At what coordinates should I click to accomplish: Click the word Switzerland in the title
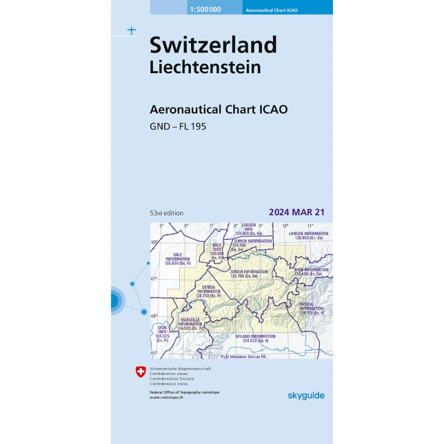[213, 45]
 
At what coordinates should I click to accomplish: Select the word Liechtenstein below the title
[205, 67]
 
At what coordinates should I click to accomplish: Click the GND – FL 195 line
[178, 127]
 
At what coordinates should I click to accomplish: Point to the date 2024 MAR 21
[296, 212]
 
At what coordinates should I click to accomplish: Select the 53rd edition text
[167, 213]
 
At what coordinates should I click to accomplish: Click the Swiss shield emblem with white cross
[141, 371]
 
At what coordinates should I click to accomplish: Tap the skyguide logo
[306, 395]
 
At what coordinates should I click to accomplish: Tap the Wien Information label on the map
[308, 272]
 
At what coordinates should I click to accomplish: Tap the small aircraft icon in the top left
[131, 31]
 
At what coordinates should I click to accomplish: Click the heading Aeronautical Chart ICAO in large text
[219, 109]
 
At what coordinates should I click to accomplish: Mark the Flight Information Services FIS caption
[244, 357]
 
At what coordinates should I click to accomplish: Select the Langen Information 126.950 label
[308, 236]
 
